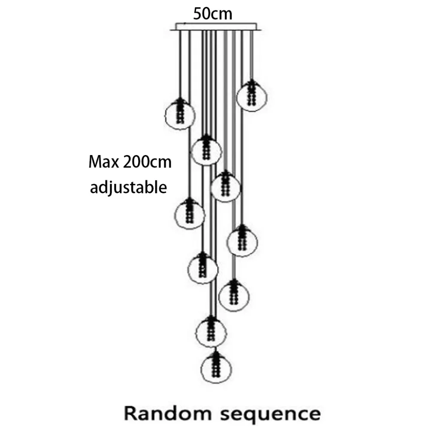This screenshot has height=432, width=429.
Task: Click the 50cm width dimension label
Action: click(x=212, y=14)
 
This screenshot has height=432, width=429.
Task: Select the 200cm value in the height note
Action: click(x=147, y=162)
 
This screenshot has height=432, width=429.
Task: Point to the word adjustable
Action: click(x=128, y=188)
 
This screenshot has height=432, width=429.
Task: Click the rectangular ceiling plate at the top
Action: click(x=216, y=27)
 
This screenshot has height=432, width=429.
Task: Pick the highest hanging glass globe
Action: click(x=251, y=96)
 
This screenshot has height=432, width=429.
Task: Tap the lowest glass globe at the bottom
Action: click(x=216, y=368)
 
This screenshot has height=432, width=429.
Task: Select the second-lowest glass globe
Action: click(x=211, y=332)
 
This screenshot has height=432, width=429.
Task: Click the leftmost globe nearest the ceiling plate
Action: click(x=180, y=114)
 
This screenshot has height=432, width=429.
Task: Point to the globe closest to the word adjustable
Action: click(x=189, y=214)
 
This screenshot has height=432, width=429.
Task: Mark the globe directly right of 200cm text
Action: click(x=206, y=150)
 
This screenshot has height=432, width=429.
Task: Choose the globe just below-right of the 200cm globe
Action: click(x=226, y=186)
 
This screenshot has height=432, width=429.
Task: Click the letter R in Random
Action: click(x=131, y=414)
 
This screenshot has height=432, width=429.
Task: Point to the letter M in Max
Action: click(x=94, y=162)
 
